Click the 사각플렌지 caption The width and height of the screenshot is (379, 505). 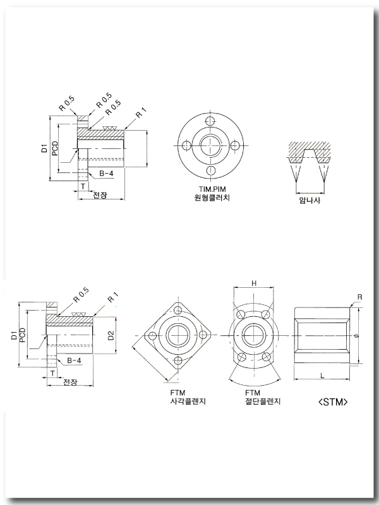click(188, 401)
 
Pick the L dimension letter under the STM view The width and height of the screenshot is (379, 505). click(322, 376)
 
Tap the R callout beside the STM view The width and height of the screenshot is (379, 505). click(359, 296)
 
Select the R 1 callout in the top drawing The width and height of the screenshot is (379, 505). click(141, 114)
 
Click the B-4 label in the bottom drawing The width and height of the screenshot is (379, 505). click(74, 360)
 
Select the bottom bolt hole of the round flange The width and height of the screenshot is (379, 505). click(211, 170)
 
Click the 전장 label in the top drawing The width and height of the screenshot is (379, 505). click(100, 195)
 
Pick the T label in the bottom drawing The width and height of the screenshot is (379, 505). click(52, 373)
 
